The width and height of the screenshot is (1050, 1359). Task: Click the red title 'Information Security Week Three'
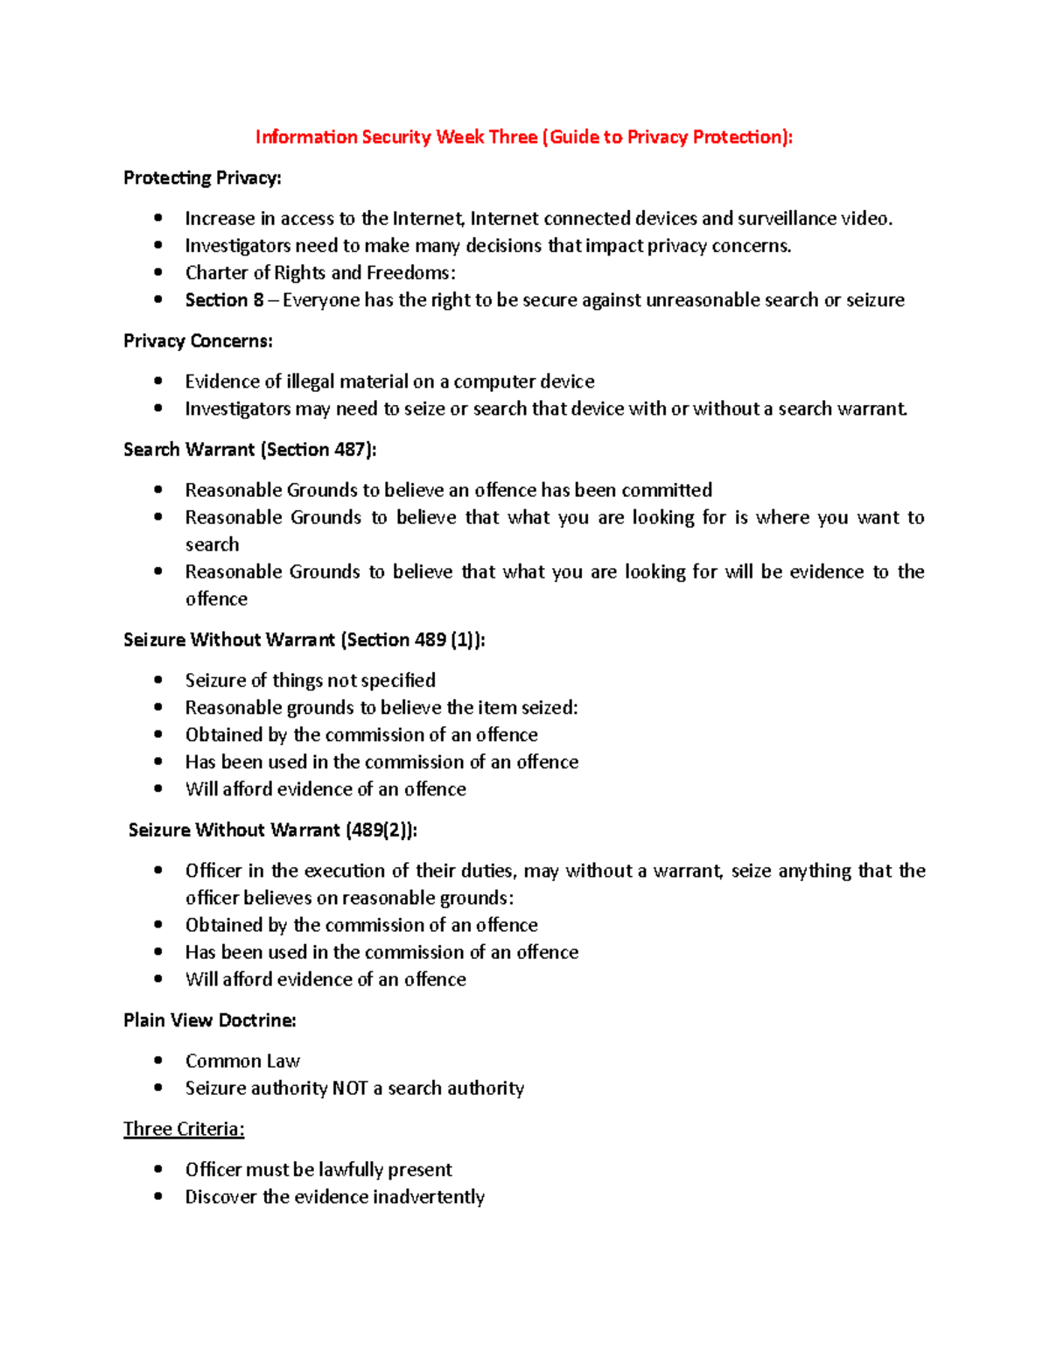(395, 137)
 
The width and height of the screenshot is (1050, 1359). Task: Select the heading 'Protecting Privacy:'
(202, 178)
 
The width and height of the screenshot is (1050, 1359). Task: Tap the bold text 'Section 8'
(224, 300)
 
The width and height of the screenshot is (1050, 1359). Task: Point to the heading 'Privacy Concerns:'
(198, 340)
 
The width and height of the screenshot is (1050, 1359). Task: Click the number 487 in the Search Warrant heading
(350, 450)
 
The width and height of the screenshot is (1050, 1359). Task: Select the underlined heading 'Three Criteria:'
(184, 1129)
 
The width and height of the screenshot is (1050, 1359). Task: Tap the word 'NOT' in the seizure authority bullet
(350, 1089)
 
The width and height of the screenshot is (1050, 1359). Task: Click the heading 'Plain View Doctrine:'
(210, 1020)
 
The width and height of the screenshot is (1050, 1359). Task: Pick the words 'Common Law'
(242, 1061)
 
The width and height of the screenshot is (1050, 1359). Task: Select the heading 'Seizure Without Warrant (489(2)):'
(273, 830)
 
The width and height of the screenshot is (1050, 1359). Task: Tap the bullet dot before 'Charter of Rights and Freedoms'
(158, 272)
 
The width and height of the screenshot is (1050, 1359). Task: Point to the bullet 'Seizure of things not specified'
(310, 680)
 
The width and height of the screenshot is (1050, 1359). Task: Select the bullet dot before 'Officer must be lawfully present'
(158, 1169)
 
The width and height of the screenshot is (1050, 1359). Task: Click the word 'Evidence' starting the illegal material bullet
(222, 382)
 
